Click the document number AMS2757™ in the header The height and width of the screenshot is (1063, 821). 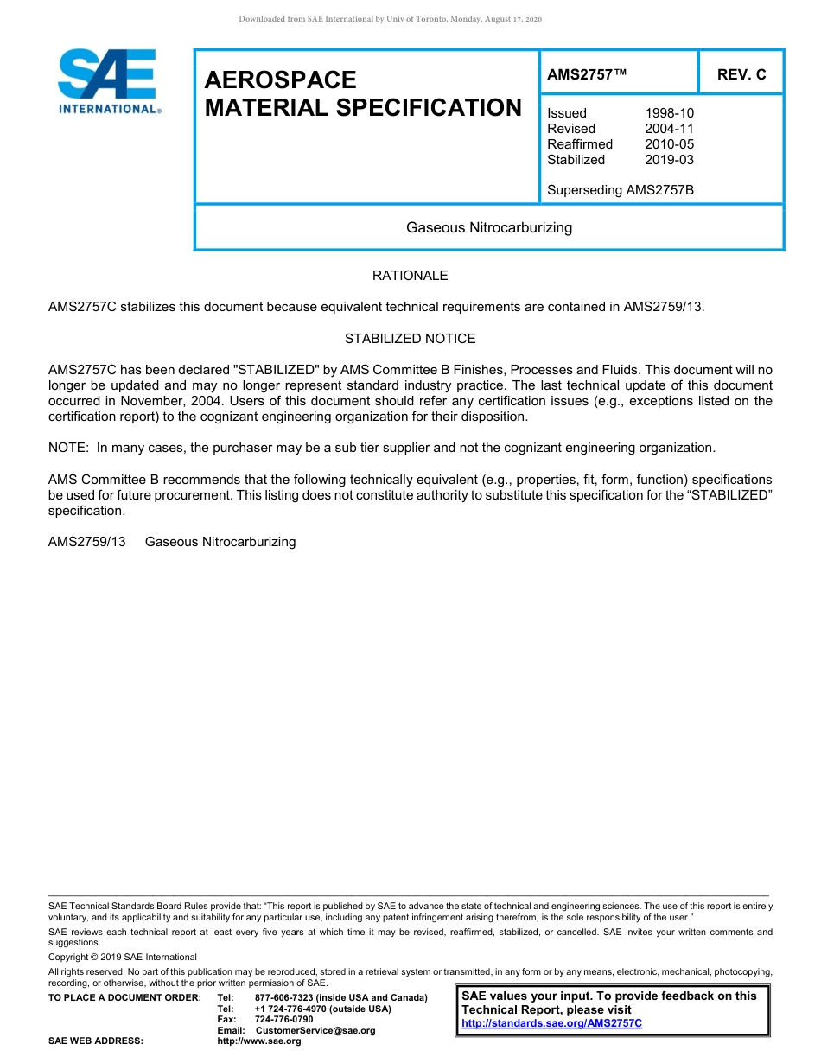tap(587, 75)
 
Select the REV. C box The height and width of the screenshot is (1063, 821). tap(741, 75)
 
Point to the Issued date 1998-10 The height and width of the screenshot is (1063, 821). tap(669, 113)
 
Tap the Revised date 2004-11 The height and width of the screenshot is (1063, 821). tap(669, 129)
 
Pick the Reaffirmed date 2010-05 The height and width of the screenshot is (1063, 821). tap(669, 144)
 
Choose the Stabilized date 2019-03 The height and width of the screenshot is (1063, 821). tap(669, 160)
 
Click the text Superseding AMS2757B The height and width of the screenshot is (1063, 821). tap(621, 190)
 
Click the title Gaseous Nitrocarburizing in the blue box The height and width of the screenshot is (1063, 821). tap(489, 228)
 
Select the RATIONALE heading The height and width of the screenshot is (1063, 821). tap(410, 276)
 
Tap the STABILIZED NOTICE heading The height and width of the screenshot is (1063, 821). tap(410, 339)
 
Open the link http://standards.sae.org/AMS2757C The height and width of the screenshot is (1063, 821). tap(551, 1023)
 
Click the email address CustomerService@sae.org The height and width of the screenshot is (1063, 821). tap(315, 1030)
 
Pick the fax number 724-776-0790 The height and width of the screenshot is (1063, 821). tap(283, 1020)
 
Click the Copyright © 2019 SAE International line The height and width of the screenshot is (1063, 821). tap(123, 958)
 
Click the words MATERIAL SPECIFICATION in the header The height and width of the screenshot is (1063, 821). tap(363, 108)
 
